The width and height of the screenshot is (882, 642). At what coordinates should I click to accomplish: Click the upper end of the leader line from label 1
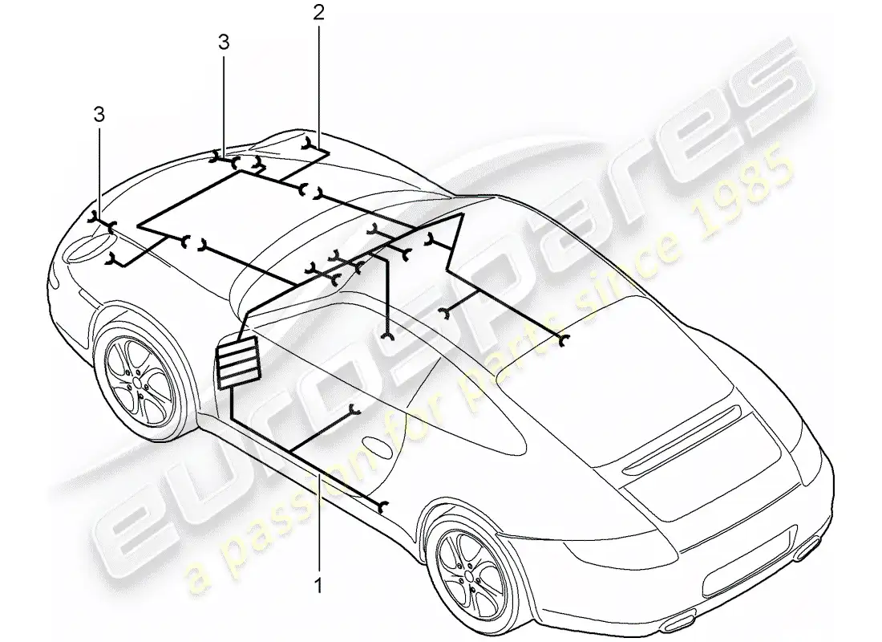[x=320, y=474]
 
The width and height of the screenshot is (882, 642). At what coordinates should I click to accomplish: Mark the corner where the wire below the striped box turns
[x=231, y=417]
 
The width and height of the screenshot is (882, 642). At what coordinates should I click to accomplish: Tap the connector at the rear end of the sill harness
[x=383, y=506]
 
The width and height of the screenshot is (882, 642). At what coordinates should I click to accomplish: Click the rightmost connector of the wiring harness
[x=564, y=339]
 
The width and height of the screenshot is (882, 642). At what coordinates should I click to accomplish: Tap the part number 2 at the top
[x=319, y=13]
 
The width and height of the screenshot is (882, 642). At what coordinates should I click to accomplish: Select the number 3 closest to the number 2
[x=224, y=43]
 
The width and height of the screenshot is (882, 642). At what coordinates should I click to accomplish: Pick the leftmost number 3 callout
[x=99, y=116]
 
